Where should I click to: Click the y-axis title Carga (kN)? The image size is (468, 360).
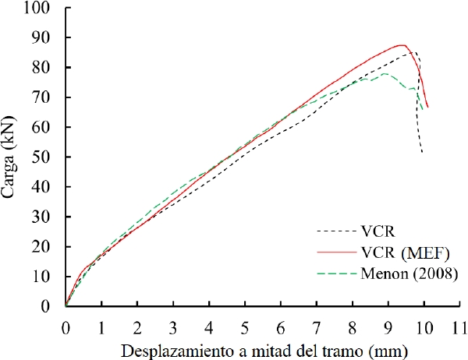(11, 157)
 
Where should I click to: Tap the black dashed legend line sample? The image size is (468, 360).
(337, 231)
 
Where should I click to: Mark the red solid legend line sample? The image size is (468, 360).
(337, 252)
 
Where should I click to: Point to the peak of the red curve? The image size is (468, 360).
(401, 45)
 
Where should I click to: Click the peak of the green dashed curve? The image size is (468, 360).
(385, 73)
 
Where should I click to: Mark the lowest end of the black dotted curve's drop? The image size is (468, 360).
(422, 152)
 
